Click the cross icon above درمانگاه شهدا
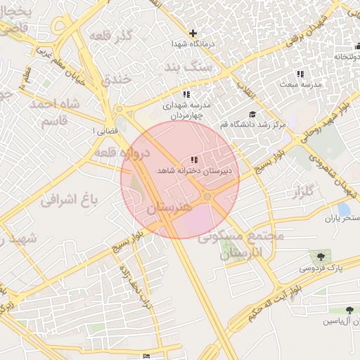point(193,33)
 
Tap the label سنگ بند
point(183,67)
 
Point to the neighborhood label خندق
point(117,79)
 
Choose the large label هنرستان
point(169,208)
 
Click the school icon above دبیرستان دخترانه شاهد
point(194,160)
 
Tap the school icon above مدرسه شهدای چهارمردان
point(186,94)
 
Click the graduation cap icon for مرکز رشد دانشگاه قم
point(252,115)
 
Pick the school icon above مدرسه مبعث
point(300,74)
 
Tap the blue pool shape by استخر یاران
point(344,209)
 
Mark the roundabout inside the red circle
point(208,196)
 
